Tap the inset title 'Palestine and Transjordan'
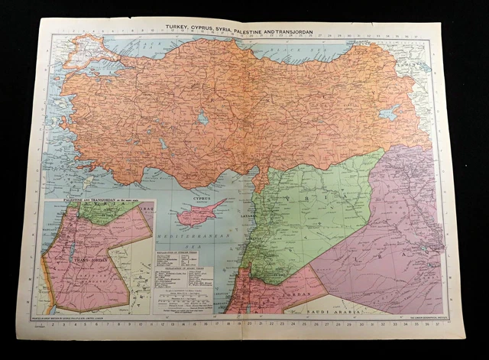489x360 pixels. (84, 200)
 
